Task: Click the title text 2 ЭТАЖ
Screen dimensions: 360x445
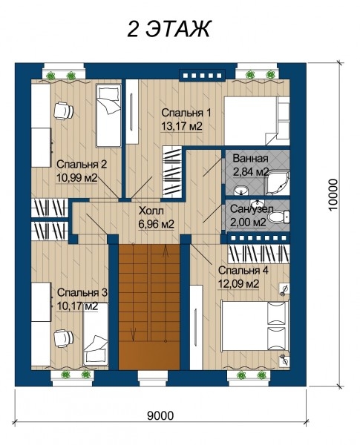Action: click(x=168, y=29)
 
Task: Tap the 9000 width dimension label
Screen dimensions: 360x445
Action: click(x=160, y=415)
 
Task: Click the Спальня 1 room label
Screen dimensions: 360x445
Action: click(x=186, y=113)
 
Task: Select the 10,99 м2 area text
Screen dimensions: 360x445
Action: click(x=77, y=178)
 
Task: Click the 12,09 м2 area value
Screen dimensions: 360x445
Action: click(x=238, y=283)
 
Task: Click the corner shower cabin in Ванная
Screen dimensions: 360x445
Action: click(x=278, y=183)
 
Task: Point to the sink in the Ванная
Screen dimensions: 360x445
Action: click(x=241, y=191)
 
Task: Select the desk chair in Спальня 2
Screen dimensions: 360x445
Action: click(x=64, y=111)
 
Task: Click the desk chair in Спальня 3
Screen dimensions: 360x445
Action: click(x=63, y=338)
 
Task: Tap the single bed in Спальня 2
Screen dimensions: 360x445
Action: click(x=108, y=115)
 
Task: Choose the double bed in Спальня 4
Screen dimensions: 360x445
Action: click(x=255, y=326)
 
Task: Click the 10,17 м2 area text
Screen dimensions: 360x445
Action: click(x=78, y=306)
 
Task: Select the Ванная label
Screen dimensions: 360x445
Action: click(x=250, y=159)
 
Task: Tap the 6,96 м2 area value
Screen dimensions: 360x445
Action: click(x=157, y=224)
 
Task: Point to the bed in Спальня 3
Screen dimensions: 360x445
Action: click(x=96, y=334)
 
